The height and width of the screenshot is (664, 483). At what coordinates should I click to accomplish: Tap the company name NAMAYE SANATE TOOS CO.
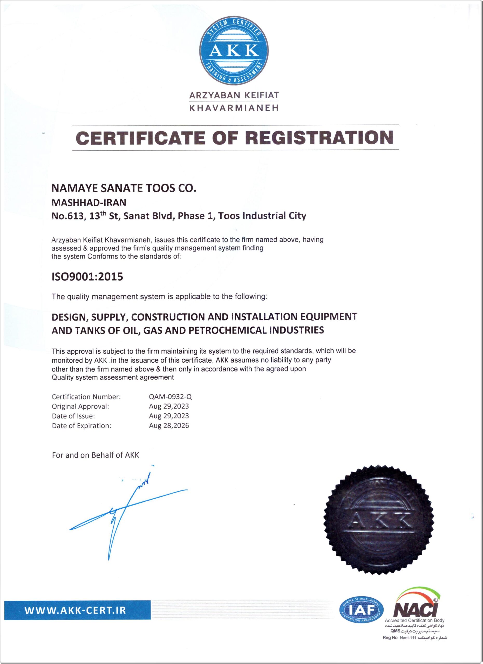(x=124, y=188)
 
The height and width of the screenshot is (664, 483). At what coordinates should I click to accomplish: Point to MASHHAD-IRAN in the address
(x=89, y=202)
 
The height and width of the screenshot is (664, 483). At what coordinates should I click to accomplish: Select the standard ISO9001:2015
(x=87, y=277)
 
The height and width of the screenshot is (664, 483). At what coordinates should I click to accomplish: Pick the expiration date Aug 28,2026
(x=169, y=425)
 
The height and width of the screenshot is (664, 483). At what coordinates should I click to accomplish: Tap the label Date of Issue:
(x=73, y=416)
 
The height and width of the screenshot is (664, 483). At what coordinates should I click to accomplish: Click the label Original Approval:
(x=80, y=406)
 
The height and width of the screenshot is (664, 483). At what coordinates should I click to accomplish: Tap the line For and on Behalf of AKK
(x=96, y=455)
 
